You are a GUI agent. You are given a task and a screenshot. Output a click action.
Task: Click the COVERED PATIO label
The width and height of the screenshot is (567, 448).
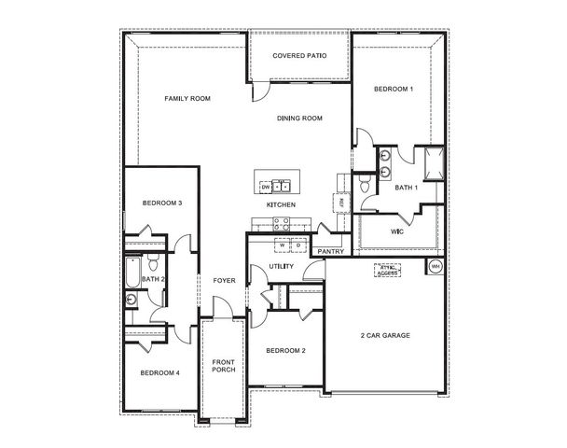tap(298, 56)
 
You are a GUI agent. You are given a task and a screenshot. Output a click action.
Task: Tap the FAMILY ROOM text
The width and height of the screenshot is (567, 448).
tap(187, 98)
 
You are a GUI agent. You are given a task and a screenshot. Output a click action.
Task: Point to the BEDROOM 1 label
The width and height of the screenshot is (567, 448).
tap(393, 89)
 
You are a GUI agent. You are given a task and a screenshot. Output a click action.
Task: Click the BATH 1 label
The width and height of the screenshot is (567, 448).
tap(407, 188)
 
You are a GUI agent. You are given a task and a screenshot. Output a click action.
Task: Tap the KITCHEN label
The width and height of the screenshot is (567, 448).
tap(281, 204)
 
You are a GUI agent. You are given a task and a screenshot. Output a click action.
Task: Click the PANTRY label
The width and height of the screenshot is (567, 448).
tap(331, 251)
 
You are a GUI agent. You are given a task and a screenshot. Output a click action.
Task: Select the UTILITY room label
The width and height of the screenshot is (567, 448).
tap(282, 267)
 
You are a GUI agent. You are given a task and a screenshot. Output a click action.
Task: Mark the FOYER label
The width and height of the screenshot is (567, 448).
tap(224, 280)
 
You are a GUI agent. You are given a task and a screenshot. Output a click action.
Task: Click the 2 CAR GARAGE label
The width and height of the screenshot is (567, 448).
tap(385, 335)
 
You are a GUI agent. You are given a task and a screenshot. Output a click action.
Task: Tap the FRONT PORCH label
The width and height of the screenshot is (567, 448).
tap(223, 365)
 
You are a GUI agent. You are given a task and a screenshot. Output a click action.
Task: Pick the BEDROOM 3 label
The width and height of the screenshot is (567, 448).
tap(161, 203)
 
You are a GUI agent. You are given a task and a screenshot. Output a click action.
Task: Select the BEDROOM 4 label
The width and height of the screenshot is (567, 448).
tap(159, 373)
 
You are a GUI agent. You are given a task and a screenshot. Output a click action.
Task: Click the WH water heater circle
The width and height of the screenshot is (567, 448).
tap(435, 267)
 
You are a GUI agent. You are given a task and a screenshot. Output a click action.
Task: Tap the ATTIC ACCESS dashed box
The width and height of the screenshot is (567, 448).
tap(387, 270)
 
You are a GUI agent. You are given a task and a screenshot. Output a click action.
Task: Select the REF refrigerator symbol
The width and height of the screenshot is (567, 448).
tap(341, 202)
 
